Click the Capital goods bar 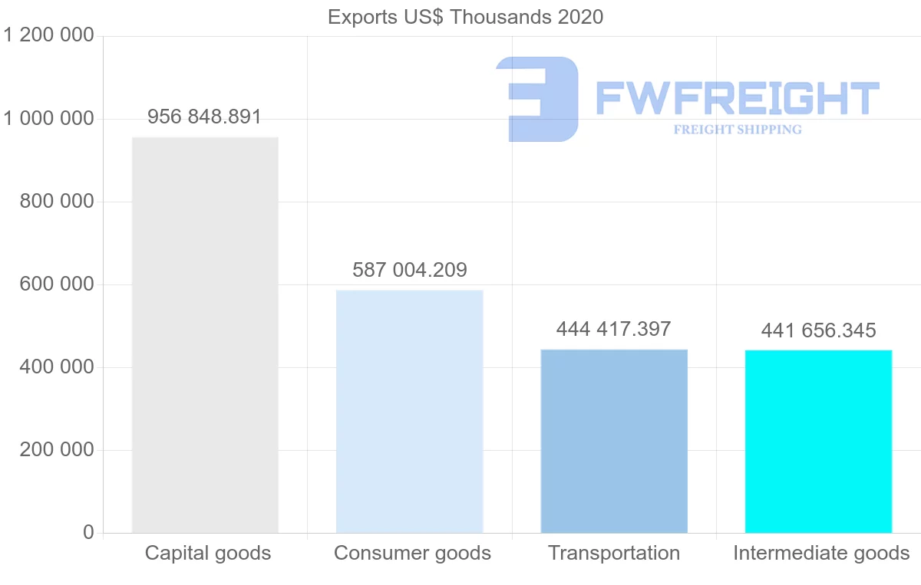[205, 335]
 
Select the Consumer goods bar [410, 411]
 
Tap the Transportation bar [614, 441]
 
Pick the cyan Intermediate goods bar [818, 441]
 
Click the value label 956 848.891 [205, 117]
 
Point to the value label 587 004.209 [410, 270]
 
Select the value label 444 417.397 [614, 330]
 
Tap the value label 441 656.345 [818, 331]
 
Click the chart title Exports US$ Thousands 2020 [465, 17]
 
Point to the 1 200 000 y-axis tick [49, 36]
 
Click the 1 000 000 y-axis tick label [49, 119]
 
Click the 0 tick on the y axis [87, 533]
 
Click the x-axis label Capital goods [208, 553]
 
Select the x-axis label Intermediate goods [821, 553]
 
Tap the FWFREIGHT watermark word [737, 98]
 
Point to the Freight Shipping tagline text [738, 130]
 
